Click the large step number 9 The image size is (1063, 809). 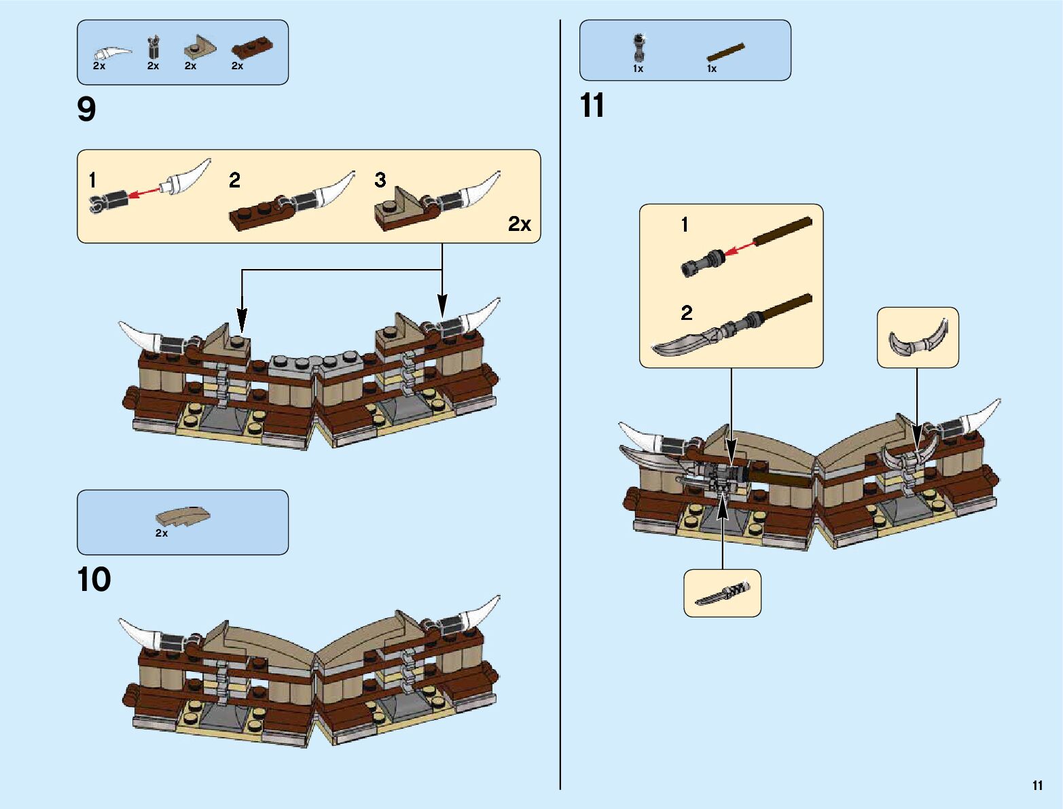[87, 109]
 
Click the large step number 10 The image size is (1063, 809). [94, 579]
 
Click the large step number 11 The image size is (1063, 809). [592, 106]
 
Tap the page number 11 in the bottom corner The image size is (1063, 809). [1037, 785]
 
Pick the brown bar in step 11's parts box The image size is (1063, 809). [725, 52]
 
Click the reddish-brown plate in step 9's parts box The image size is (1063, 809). [251, 50]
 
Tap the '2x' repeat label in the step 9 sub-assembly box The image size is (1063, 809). [520, 224]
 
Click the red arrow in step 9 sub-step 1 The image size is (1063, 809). [144, 194]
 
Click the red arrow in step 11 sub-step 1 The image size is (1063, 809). [739, 248]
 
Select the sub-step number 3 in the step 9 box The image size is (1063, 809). [380, 180]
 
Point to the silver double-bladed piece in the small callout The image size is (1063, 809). [918, 338]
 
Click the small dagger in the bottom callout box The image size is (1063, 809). [723, 594]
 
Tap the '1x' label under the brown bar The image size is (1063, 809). [712, 69]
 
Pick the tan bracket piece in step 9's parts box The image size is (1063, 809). [200, 48]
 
